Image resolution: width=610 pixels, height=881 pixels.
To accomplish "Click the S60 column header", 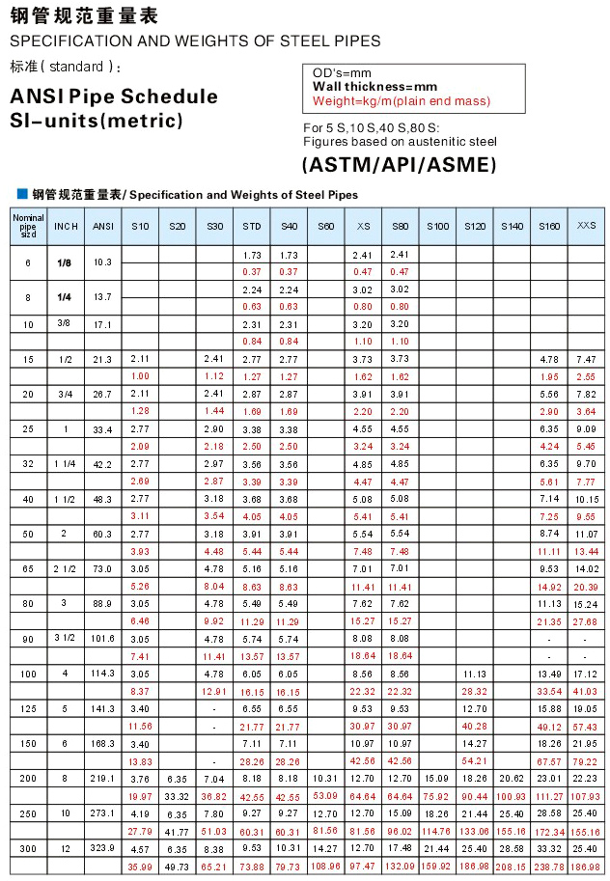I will pyautogui.click(x=325, y=226).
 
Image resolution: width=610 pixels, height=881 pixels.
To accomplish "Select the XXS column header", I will pyautogui.click(x=586, y=226).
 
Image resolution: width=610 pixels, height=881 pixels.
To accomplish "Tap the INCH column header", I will pyautogui.click(x=66, y=226).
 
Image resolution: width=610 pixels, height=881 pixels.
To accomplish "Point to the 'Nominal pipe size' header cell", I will pyautogui.click(x=28, y=226).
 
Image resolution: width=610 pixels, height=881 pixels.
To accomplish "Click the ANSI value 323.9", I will pyautogui.click(x=102, y=848).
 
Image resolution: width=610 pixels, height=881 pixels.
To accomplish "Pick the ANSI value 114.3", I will pyautogui.click(x=102, y=673).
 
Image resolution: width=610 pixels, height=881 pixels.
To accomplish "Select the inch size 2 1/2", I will pyautogui.click(x=66, y=569).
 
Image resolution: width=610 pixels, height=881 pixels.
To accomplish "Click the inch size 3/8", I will pyautogui.click(x=66, y=323).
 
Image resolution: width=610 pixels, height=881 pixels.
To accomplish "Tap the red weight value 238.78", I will pyautogui.click(x=549, y=867).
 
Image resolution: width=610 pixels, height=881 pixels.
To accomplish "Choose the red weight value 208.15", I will pyautogui.click(x=512, y=867).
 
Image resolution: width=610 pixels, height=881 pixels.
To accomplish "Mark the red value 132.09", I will pyautogui.click(x=400, y=867).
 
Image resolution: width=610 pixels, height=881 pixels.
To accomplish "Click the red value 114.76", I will pyautogui.click(x=436, y=832).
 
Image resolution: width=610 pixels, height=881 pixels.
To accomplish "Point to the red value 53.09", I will pyautogui.click(x=325, y=796).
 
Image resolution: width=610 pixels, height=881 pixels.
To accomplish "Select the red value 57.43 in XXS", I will pyautogui.click(x=586, y=727).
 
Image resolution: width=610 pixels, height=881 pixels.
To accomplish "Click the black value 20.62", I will pyautogui.click(x=512, y=778).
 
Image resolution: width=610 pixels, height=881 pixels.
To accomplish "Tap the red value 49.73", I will pyautogui.click(x=177, y=867).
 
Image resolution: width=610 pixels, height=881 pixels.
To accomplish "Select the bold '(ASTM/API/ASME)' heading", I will pyautogui.click(x=400, y=163).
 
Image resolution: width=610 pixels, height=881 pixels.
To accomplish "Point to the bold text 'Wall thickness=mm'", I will pyautogui.click(x=374, y=87).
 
